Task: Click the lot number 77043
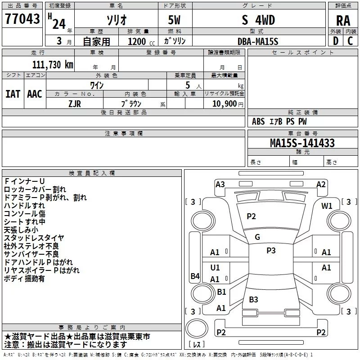pos(22,18)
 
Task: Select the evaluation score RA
pos(343,21)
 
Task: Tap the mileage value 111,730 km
pos(53,64)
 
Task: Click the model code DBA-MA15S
pos(258,41)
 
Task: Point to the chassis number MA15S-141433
pos(302,143)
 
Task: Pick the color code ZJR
pos(75,104)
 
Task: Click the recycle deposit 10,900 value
pos(224,103)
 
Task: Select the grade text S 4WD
pos(258,20)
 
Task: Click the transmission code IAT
pos(13,94)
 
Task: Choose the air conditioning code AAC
pos(35,94)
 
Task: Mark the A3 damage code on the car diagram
pos(220,184)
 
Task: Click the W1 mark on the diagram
pos(327,206)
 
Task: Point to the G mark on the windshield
pos(257,237)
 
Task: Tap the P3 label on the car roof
pos(271,251)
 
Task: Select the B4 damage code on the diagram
pos(195,276)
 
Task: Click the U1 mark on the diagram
pos(215,267)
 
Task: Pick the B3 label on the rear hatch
pos(253,299)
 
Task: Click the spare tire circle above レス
pos(197,328)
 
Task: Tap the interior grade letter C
pos(350,41)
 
